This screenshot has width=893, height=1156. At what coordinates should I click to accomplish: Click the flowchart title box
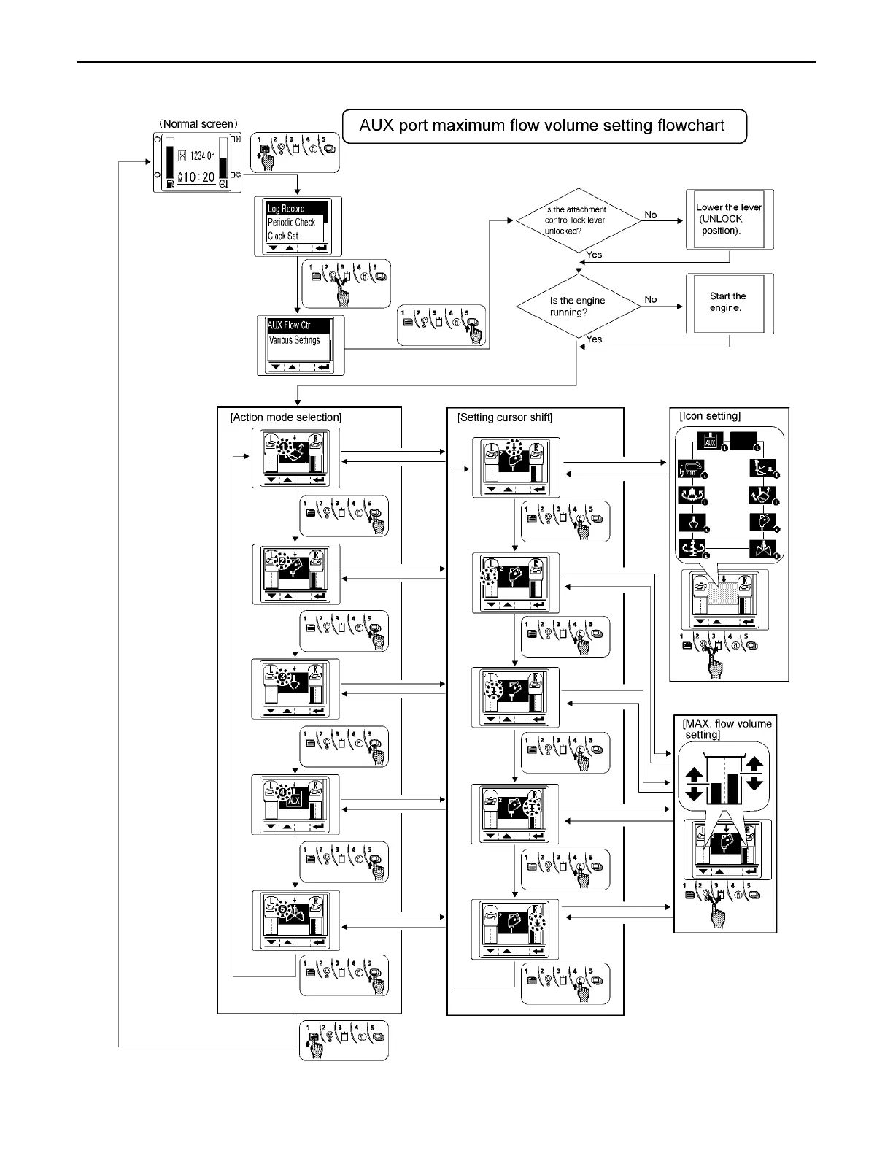click(544, 126)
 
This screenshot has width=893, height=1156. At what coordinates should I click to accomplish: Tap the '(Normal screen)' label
click(198, 124)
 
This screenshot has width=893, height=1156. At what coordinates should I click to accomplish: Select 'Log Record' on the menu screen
click(286, 209)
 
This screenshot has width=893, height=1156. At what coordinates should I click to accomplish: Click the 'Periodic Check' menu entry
click(291, 223)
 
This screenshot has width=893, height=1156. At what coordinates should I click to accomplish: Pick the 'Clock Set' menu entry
click(283, 236)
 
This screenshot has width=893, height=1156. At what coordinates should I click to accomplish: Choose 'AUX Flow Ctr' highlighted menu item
click(289, 325)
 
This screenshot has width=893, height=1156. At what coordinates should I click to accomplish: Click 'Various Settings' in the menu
click(294, 340)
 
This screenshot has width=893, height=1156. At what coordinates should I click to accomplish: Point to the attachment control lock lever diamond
click(577, 220)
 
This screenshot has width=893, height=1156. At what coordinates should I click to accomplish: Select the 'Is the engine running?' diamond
click(577, 306)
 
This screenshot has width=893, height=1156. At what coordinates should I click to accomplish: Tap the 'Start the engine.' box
click(727, 302)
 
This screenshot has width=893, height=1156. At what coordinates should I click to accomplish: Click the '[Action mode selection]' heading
click(285, 417)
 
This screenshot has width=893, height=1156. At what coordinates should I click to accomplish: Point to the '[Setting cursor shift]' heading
click(505, 417)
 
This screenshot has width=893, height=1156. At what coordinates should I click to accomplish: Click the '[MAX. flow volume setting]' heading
click(727, 729)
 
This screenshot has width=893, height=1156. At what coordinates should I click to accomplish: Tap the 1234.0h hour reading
click(202, 155)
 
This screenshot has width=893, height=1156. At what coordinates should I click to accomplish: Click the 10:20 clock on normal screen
click(198, 177)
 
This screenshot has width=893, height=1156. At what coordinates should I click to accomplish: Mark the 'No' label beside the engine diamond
click(651, 299)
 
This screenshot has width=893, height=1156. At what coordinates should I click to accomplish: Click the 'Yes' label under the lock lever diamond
click(594, 255)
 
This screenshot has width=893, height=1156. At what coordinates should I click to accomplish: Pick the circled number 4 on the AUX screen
click(283, 791)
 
